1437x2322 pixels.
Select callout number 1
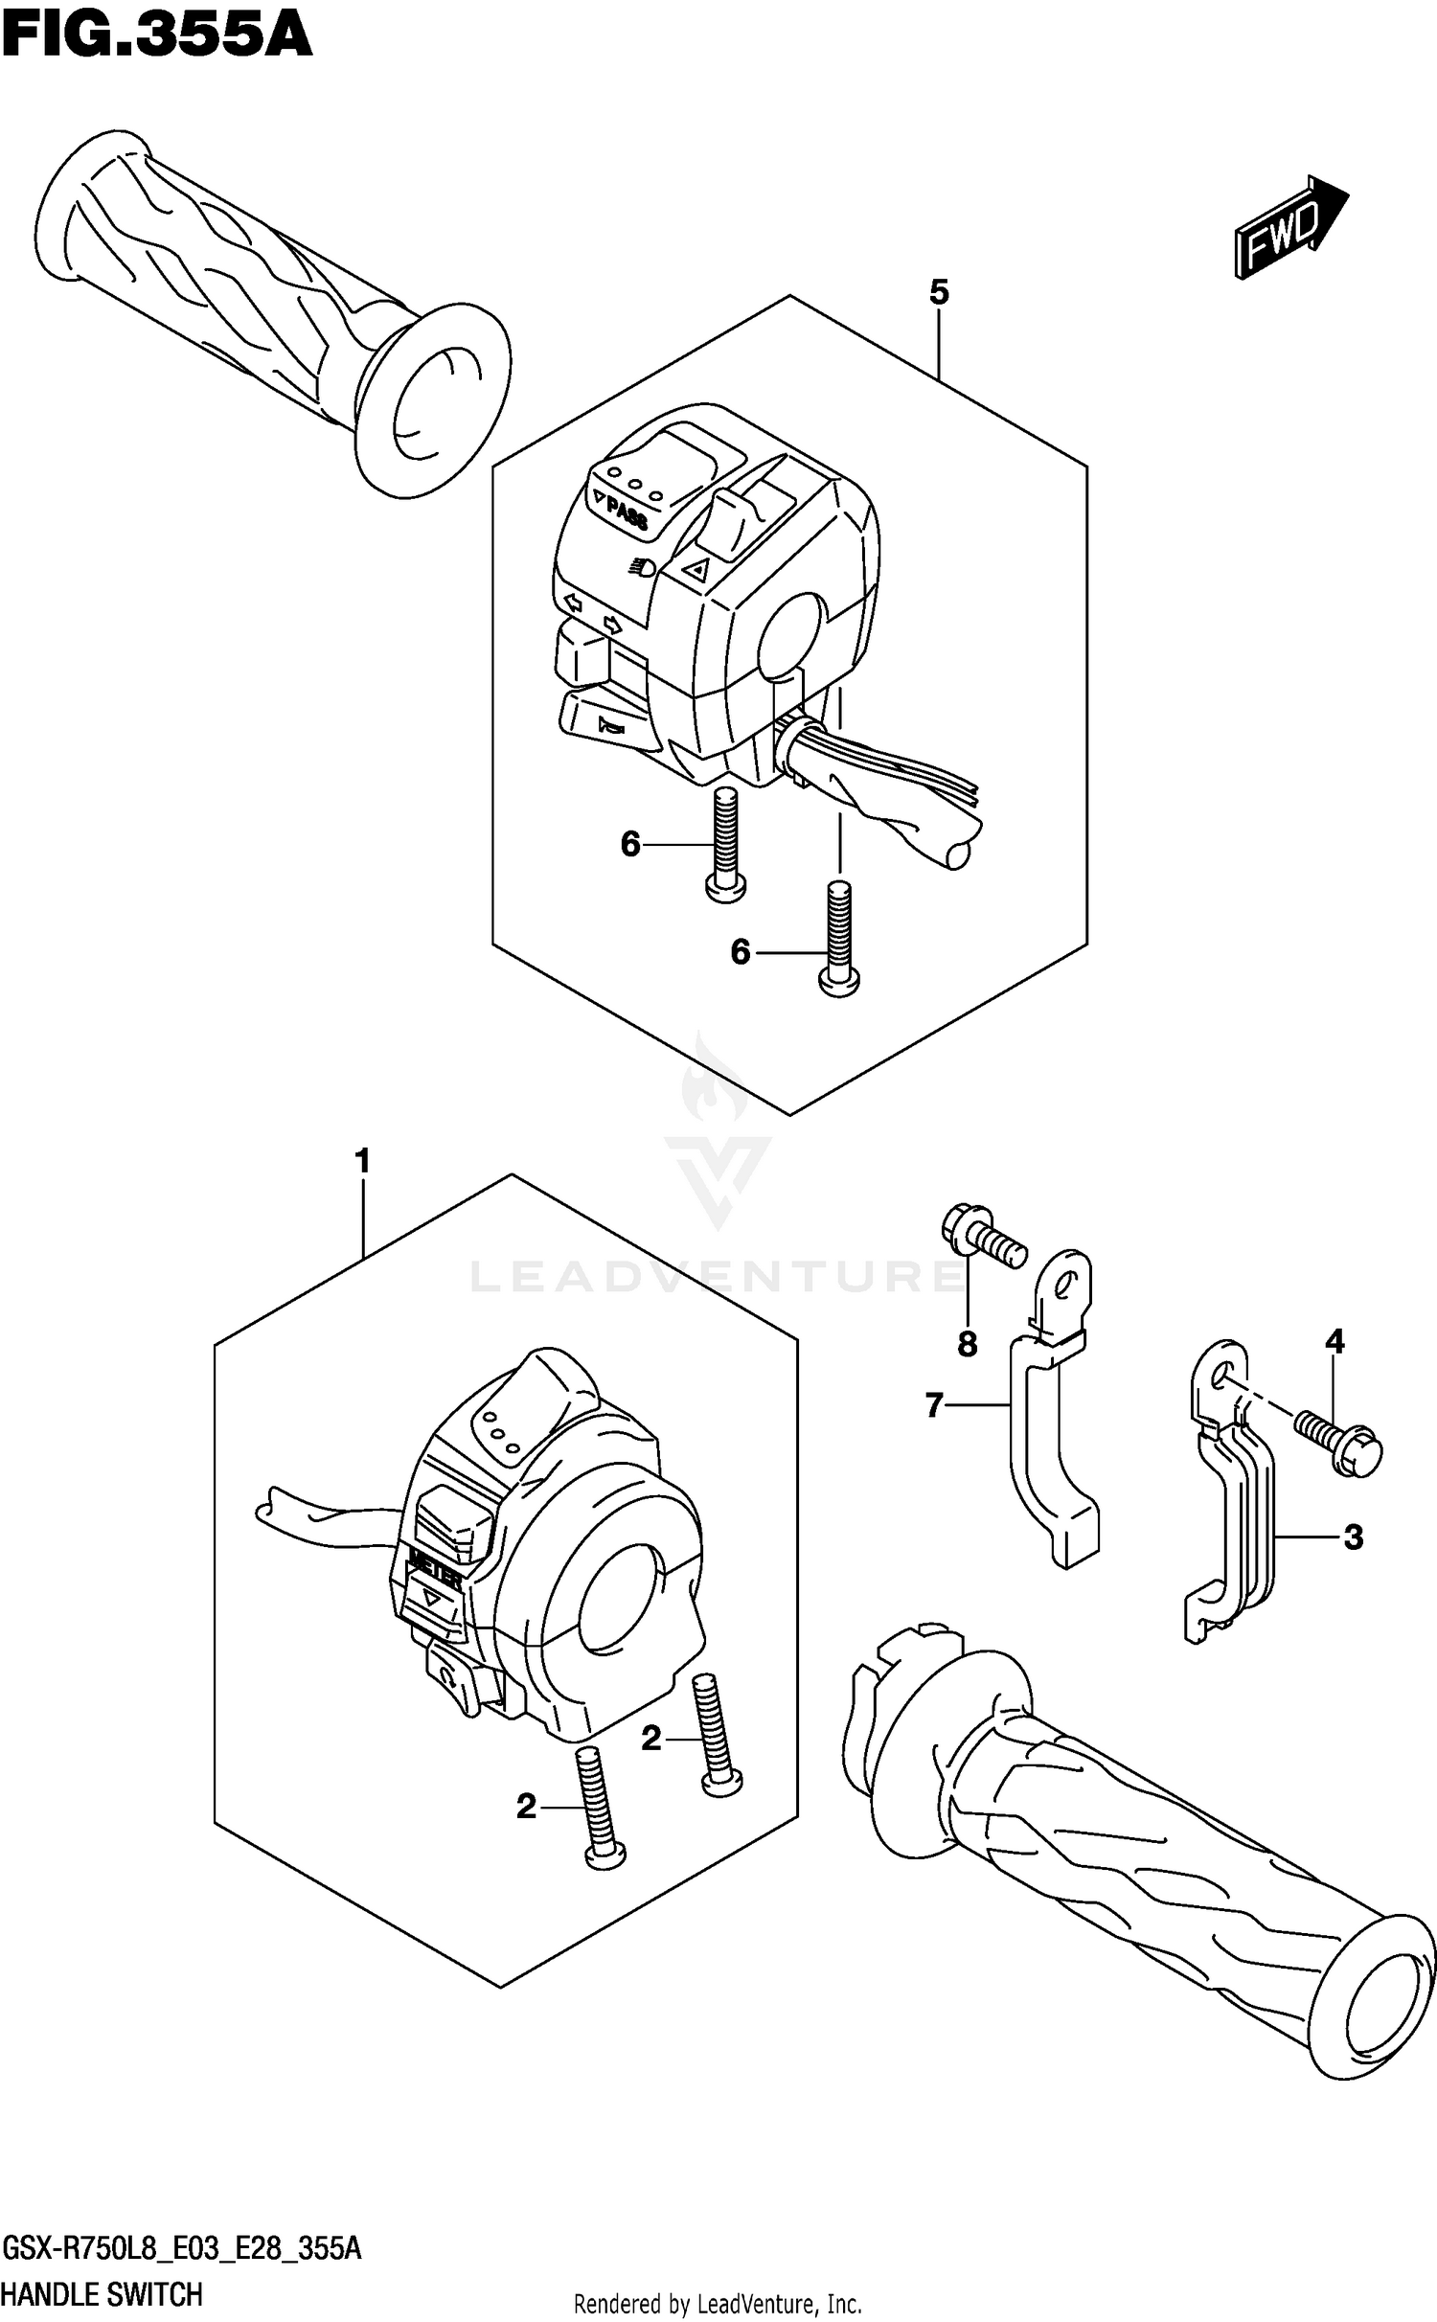(362, 1163)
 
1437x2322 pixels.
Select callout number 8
(968, 1344)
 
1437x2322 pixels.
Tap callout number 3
(1353, 1537)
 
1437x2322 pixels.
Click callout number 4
(1334, 1342)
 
